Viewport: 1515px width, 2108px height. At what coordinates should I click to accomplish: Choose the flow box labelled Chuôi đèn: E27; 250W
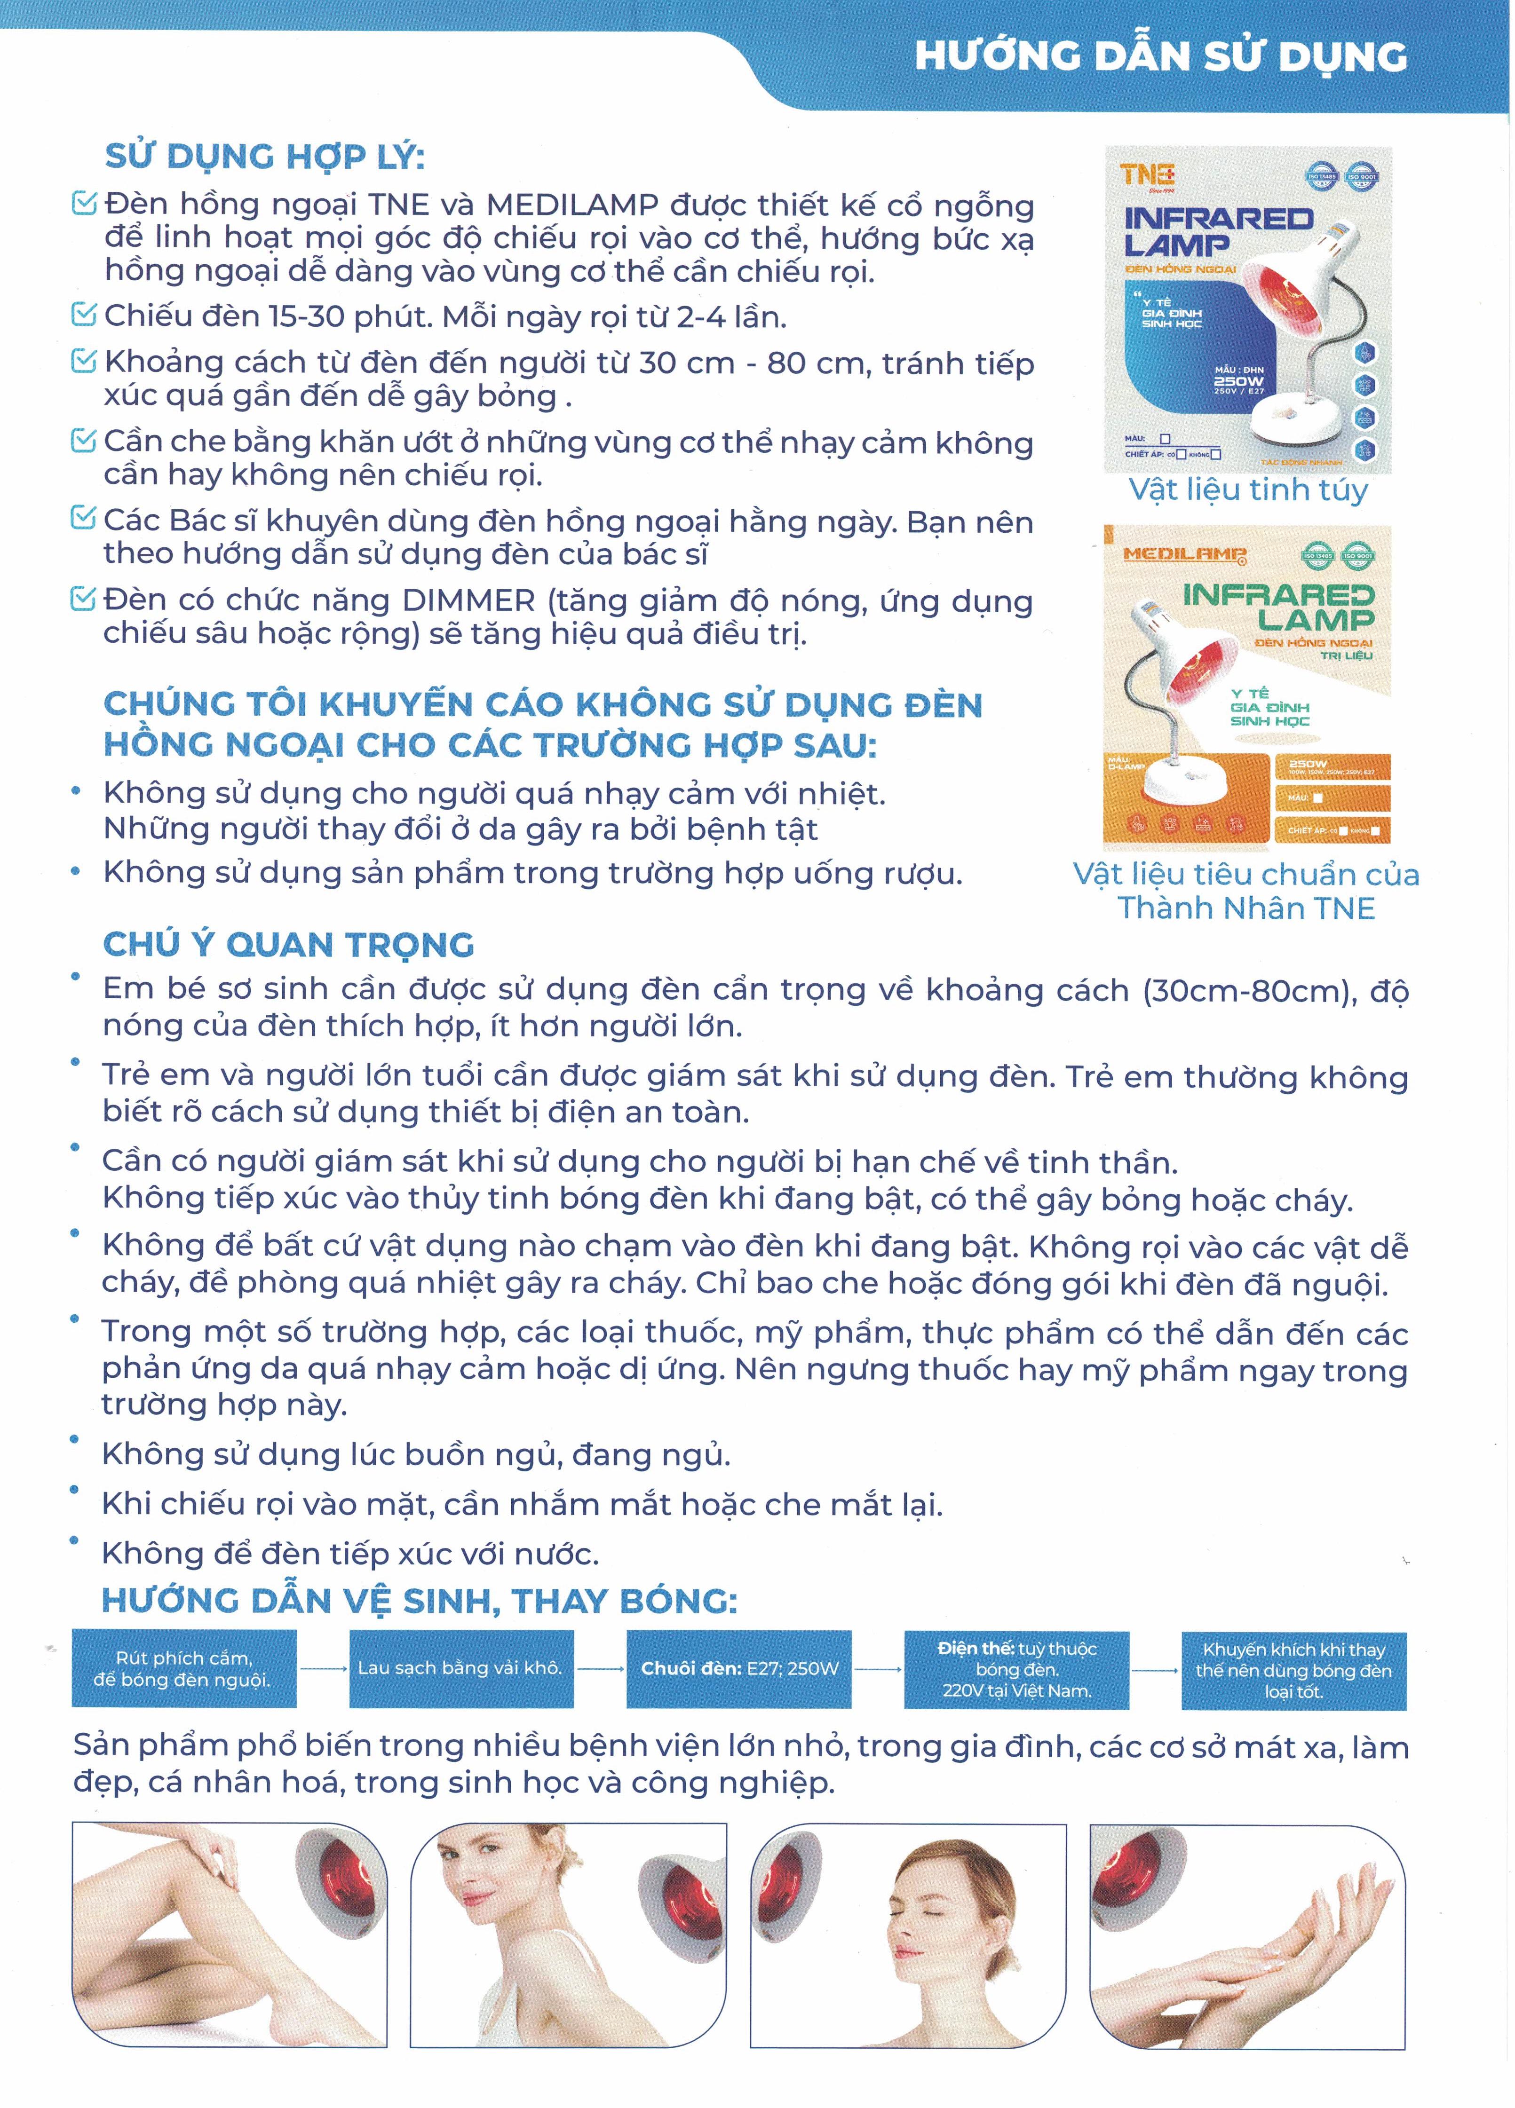coord(739,1668)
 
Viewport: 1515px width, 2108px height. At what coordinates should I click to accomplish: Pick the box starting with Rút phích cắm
coord(184,1668)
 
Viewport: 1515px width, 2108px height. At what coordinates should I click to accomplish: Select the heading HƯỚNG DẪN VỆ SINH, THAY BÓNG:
coord(419,1601)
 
